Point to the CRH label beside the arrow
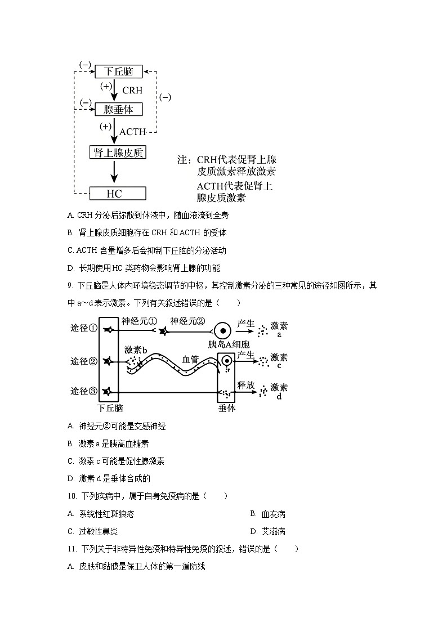(132, 90)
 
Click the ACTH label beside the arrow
(132, 132)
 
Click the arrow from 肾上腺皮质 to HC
(114, 172)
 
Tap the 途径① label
(84, 328)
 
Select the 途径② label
(84, 361)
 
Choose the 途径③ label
(84, 391)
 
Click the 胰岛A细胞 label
(229, 344)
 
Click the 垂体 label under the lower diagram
(227, 409)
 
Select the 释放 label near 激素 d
(246, 385)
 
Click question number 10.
(71, 496)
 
